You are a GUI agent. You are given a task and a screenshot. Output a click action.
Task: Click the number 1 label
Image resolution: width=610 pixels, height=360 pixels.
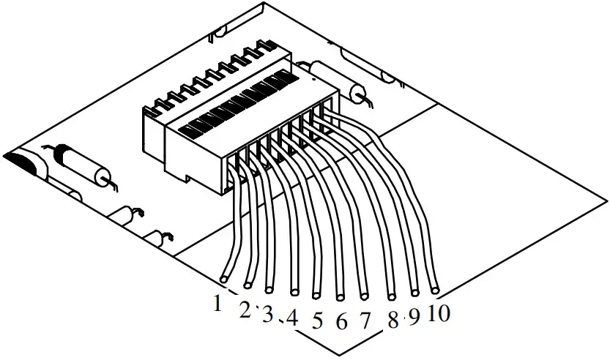216,301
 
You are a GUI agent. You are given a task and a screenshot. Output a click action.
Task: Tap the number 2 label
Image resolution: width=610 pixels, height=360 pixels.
245,310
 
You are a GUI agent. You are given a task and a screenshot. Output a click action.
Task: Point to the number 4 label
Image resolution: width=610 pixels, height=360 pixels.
292,318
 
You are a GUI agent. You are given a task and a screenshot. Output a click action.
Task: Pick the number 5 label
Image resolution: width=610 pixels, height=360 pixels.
317,320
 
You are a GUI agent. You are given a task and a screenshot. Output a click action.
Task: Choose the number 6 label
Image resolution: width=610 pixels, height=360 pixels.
341,320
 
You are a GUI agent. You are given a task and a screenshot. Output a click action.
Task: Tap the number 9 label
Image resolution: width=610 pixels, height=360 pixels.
414,317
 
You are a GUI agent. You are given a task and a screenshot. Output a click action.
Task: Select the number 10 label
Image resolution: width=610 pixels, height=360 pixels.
439,313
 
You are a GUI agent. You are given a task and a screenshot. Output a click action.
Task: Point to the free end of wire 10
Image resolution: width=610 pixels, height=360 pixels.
434,290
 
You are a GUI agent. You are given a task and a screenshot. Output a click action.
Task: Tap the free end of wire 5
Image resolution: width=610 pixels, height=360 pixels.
316,295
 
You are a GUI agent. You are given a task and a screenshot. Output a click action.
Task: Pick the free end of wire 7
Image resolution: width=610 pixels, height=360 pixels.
364,296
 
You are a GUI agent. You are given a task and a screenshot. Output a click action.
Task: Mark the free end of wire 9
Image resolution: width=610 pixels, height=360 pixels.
414,293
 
